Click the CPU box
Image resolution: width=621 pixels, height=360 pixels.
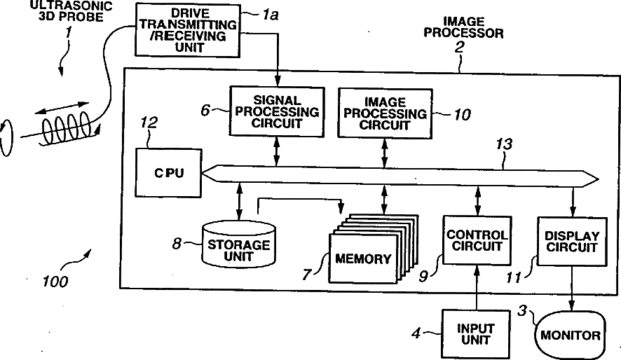pos(170,172)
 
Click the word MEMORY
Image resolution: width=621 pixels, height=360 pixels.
pos(363,258)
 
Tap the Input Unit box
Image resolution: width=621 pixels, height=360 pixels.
pos(476,334)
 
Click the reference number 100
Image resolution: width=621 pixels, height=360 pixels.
pos(55,282)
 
